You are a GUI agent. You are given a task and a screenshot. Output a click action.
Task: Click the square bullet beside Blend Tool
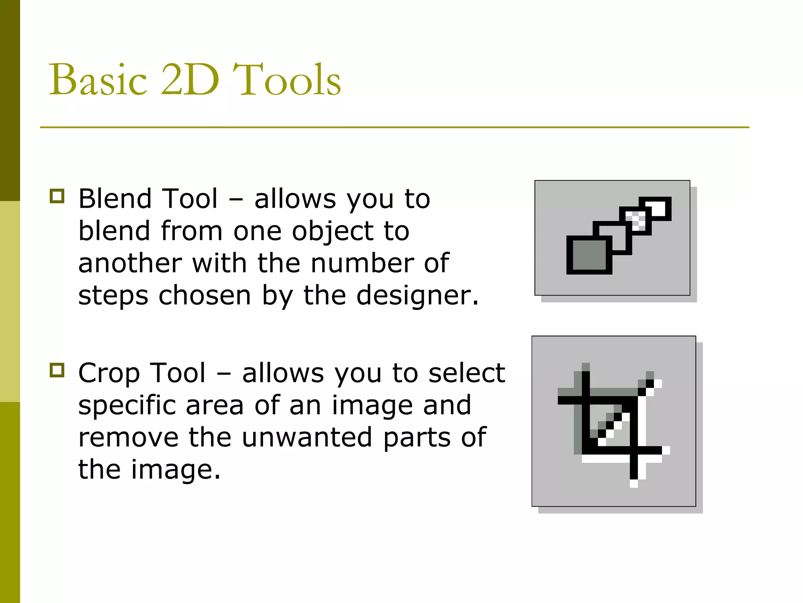pyautogui.click(x=57, y=196)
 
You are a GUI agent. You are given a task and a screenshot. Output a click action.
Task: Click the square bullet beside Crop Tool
pyautogui.click(x=57, y=370)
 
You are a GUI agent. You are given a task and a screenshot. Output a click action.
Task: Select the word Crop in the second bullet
pyautogui.click(x=108, y=373)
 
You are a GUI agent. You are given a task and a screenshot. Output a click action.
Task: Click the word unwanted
pyautogui.click(x=307, y=437)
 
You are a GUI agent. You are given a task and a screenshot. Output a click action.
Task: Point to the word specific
pyautogui.click(x=127, y=405)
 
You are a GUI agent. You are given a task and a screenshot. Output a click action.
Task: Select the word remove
pyautogui.click(x=128, y=437)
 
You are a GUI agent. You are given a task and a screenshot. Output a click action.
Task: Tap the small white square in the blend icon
pyautogui.click(x=659, y=208)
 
